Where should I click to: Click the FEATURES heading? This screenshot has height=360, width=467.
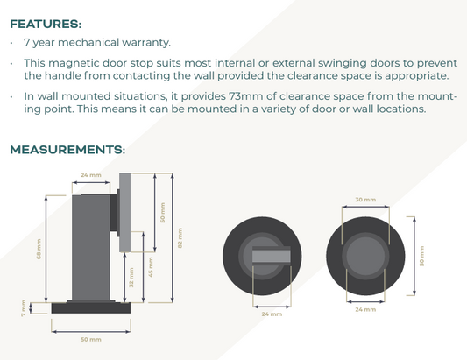tap(46, 24)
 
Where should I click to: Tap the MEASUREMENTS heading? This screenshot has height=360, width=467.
tap(67, 150)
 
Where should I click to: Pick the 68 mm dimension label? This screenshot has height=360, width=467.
tap(39, 249)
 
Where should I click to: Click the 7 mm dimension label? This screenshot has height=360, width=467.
tap(24, 308)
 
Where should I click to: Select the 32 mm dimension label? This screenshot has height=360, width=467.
tap(131, 278)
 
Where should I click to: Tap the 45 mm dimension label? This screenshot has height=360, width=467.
tap(151, 267)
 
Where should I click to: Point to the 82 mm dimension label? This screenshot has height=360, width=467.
tap(180, 238)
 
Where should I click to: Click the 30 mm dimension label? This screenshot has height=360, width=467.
tap(365, 200)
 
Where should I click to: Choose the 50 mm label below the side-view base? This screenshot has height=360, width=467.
tap(91, 340)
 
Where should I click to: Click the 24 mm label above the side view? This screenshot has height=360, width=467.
tap(91, 175)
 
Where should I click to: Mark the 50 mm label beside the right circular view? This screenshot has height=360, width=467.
tap(421, 256)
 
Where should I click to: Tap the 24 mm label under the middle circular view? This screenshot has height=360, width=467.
tap(272, 314)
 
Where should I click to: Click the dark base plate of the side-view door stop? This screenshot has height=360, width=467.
tap(91, 308)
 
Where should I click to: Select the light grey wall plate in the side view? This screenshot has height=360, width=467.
tap(125, 213)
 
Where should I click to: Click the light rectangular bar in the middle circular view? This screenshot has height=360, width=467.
tap(272, 256)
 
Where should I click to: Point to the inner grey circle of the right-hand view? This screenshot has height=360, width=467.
tap(365, 256)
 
